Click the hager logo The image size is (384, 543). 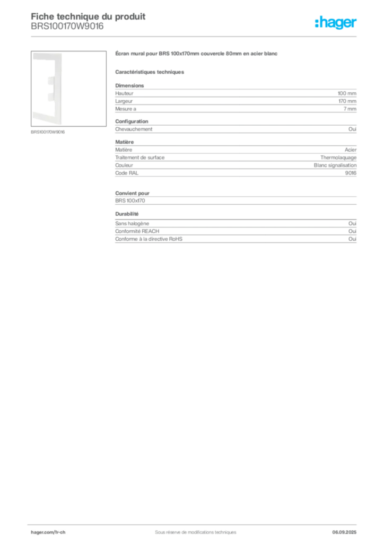coord(336,22)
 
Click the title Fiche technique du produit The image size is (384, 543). coord(88,16)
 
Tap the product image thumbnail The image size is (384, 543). coord(68,89)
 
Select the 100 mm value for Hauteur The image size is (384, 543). coord(347,93)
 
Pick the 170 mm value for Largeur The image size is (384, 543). coord(347,101)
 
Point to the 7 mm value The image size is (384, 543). coord(350,109)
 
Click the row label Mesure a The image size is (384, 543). coord(126,109)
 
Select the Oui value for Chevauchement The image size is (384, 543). coord(353,129)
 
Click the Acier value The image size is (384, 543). coord(351,150)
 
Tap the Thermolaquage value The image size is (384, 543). coord(338,157)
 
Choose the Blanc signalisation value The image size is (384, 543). coord(335,165)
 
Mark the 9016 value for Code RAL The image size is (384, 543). coord(351,173)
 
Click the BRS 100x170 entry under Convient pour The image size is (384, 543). coord(130,200)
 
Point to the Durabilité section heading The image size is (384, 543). coord(127,214)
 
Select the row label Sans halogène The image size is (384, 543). coord(132,223)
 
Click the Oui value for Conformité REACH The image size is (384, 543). coord(353,231)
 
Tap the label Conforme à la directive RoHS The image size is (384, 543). coord(149,239)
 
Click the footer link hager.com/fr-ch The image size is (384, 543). coord(48,532)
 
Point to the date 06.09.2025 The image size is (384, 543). coord(344,532)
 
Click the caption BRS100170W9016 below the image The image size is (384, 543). coord(48,132)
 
